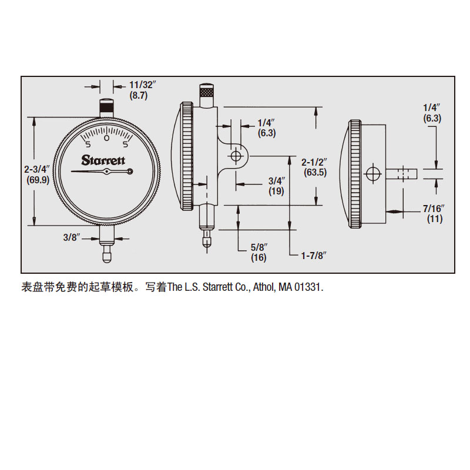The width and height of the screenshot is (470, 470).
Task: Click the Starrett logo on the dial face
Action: (103, 160)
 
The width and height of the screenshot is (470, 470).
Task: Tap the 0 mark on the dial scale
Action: (106, 138)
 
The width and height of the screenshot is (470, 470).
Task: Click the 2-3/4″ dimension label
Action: (36, 169)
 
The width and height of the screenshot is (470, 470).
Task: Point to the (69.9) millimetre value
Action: (38, 180)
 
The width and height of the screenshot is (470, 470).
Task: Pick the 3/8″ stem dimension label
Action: (72, 237)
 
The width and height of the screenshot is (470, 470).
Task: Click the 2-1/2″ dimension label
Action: (314, 162)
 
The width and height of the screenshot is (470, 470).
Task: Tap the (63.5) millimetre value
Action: (315, 172)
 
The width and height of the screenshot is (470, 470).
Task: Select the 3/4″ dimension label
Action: (277, 181)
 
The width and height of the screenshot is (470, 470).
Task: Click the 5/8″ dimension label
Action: (259, 247)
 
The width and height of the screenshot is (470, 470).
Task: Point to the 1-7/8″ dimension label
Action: (314, 256)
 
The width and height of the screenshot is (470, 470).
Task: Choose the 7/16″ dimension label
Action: (434, 209)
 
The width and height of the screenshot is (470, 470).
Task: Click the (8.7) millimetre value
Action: (139, 96)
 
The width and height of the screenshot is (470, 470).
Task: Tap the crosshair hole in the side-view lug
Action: (236, 156)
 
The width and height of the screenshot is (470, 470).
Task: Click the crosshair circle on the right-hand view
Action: (373, 173)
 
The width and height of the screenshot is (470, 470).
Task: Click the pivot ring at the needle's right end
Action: (130, 172)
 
